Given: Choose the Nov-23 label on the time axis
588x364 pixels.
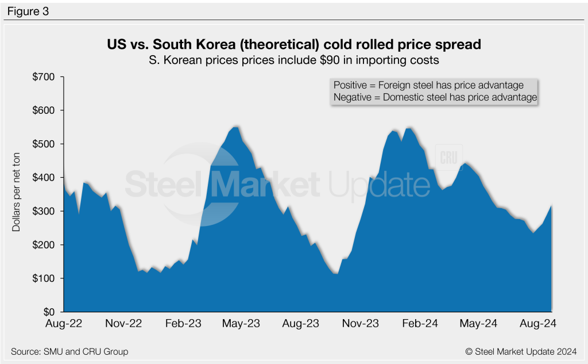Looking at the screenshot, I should coord(361,324).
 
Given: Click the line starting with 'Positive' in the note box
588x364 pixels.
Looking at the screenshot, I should coord(428,85).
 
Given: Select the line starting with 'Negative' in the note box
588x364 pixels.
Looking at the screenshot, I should coord(435,98).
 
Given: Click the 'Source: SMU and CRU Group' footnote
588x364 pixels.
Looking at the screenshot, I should coord(69,351).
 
